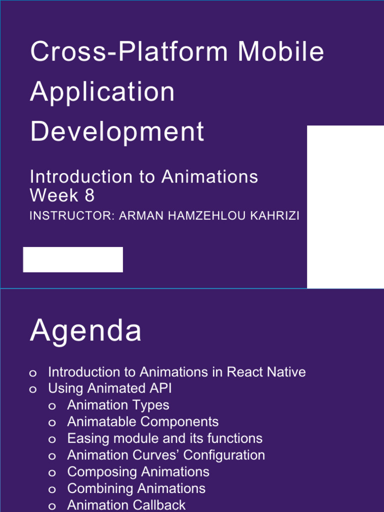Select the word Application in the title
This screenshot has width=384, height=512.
pos(102,92)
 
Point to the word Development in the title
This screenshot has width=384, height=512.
pos(117,132)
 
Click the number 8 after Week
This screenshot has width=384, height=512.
pos(89,195)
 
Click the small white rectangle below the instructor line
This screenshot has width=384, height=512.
pos(73,259)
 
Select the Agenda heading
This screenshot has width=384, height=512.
pos(85,331)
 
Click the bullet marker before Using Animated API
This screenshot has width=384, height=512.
pos(33,389)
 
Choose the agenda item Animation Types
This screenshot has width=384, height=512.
pos(118,405)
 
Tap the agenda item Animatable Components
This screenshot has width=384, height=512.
pos(142,421)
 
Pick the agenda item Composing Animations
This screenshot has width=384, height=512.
pos(138,471)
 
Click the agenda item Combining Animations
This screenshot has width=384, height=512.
pos(136,488)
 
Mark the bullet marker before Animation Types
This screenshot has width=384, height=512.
pos(52,406)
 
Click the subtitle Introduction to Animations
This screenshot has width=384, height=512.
pos(144,177)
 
